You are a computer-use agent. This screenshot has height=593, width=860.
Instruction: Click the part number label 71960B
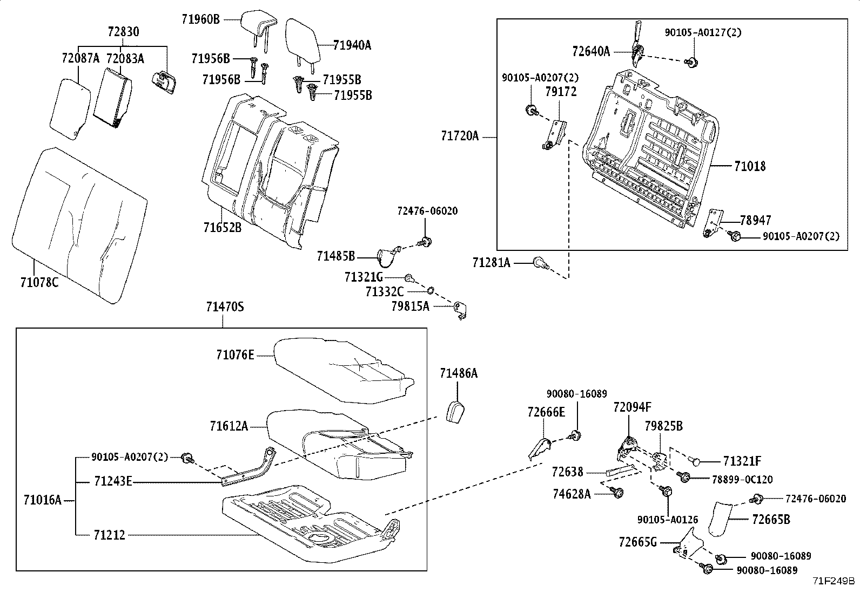pyautogui.click(x=201, y=19)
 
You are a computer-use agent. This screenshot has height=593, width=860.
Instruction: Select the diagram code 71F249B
pyautogui.click(x=834, y=581)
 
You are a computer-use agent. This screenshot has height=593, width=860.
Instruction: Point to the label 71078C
pyautogui.click(x=39, y=282)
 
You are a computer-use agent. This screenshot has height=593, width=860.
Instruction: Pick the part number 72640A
pyautogui.click(x=591, y=51)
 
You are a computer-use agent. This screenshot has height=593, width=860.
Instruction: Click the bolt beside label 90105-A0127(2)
pyautogui.click(x=691, y=62)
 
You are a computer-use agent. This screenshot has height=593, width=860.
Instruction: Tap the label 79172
pyautogui.click(x=561, y=91)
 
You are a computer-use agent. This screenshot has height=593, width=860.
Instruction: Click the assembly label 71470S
pyautogui.click(x=225, y=307)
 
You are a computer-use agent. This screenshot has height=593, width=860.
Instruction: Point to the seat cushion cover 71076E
pyautogui.click(x=344, y=370)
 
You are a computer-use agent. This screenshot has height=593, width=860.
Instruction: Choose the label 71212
pyautogui.click(x=110, y=535)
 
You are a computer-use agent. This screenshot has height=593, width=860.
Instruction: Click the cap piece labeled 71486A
pyautogui.click(x=455, y=412)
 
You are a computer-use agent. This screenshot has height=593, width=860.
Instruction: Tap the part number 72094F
pyautogui.click(x=633, y=407)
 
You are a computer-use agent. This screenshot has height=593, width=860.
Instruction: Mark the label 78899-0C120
pyautogui.click(x=742, y=479)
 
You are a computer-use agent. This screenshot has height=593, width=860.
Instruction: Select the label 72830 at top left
pyautogui.click(x=123, y=31)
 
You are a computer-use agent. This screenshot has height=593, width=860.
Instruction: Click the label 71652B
pyautogui.click(x=223, y=228)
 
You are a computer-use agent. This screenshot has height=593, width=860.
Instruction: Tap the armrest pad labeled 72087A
pyautogui.click(x=70, y=109)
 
